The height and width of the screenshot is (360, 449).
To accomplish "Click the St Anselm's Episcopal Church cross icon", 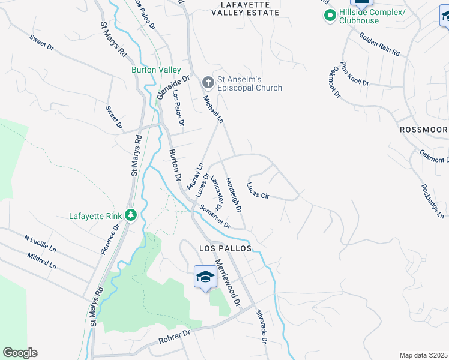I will pyautogui.click(x=208, y=82).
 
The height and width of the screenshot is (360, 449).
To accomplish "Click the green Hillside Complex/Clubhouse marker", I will pyautogui.click(x=329, y=16).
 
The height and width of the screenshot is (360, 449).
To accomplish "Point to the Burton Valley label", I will pyautogui.click(x=156, y=70).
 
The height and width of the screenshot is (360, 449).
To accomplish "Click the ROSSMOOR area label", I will pyautogui.click(x=423, y=130).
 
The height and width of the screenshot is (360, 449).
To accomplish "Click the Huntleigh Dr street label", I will pyautogui.click(x=233, y=194).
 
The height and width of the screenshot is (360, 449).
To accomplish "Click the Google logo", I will pyautogui.click(x=20, y=353).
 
